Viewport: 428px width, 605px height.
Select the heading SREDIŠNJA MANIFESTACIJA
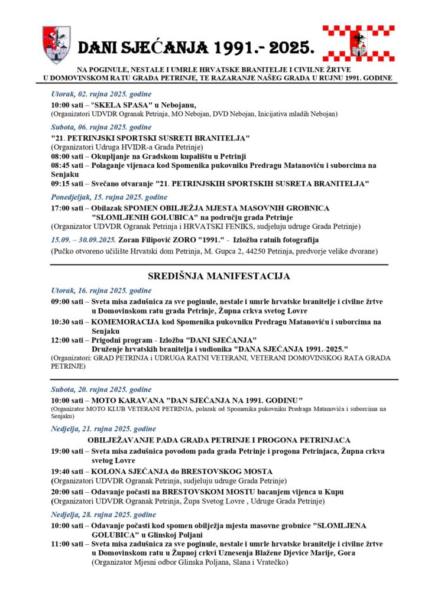click(214, 276)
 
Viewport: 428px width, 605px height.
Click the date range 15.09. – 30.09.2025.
click(83, 240)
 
